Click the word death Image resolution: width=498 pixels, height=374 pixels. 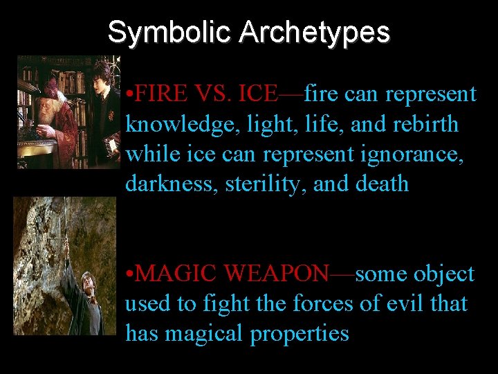pyautogui.click(x=382, y=184)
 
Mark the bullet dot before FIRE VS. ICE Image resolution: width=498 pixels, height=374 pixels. pyautogui.click(x=130, y=94)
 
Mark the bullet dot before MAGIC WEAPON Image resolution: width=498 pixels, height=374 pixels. pyautogui.click(x=130, y=275)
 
